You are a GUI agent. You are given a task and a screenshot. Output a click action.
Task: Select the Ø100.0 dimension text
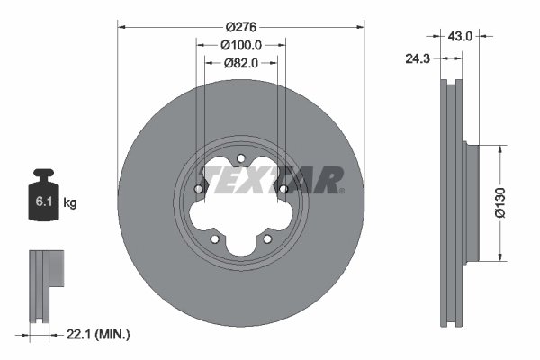tap(240, 44)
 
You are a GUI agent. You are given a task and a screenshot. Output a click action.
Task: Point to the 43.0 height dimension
tap(461, 36)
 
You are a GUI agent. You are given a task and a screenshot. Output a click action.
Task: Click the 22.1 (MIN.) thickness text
tap(99, 335)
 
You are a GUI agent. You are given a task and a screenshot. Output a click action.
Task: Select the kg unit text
tap(70, 203)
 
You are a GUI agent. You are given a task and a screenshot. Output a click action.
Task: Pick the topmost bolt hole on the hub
tap(241, 159)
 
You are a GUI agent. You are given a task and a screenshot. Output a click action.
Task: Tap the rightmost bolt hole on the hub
tap(283, 189)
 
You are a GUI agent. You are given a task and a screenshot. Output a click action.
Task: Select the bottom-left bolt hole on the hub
tap(214, 238)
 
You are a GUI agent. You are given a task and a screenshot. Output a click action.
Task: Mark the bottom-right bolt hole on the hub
tap(267, 238)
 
